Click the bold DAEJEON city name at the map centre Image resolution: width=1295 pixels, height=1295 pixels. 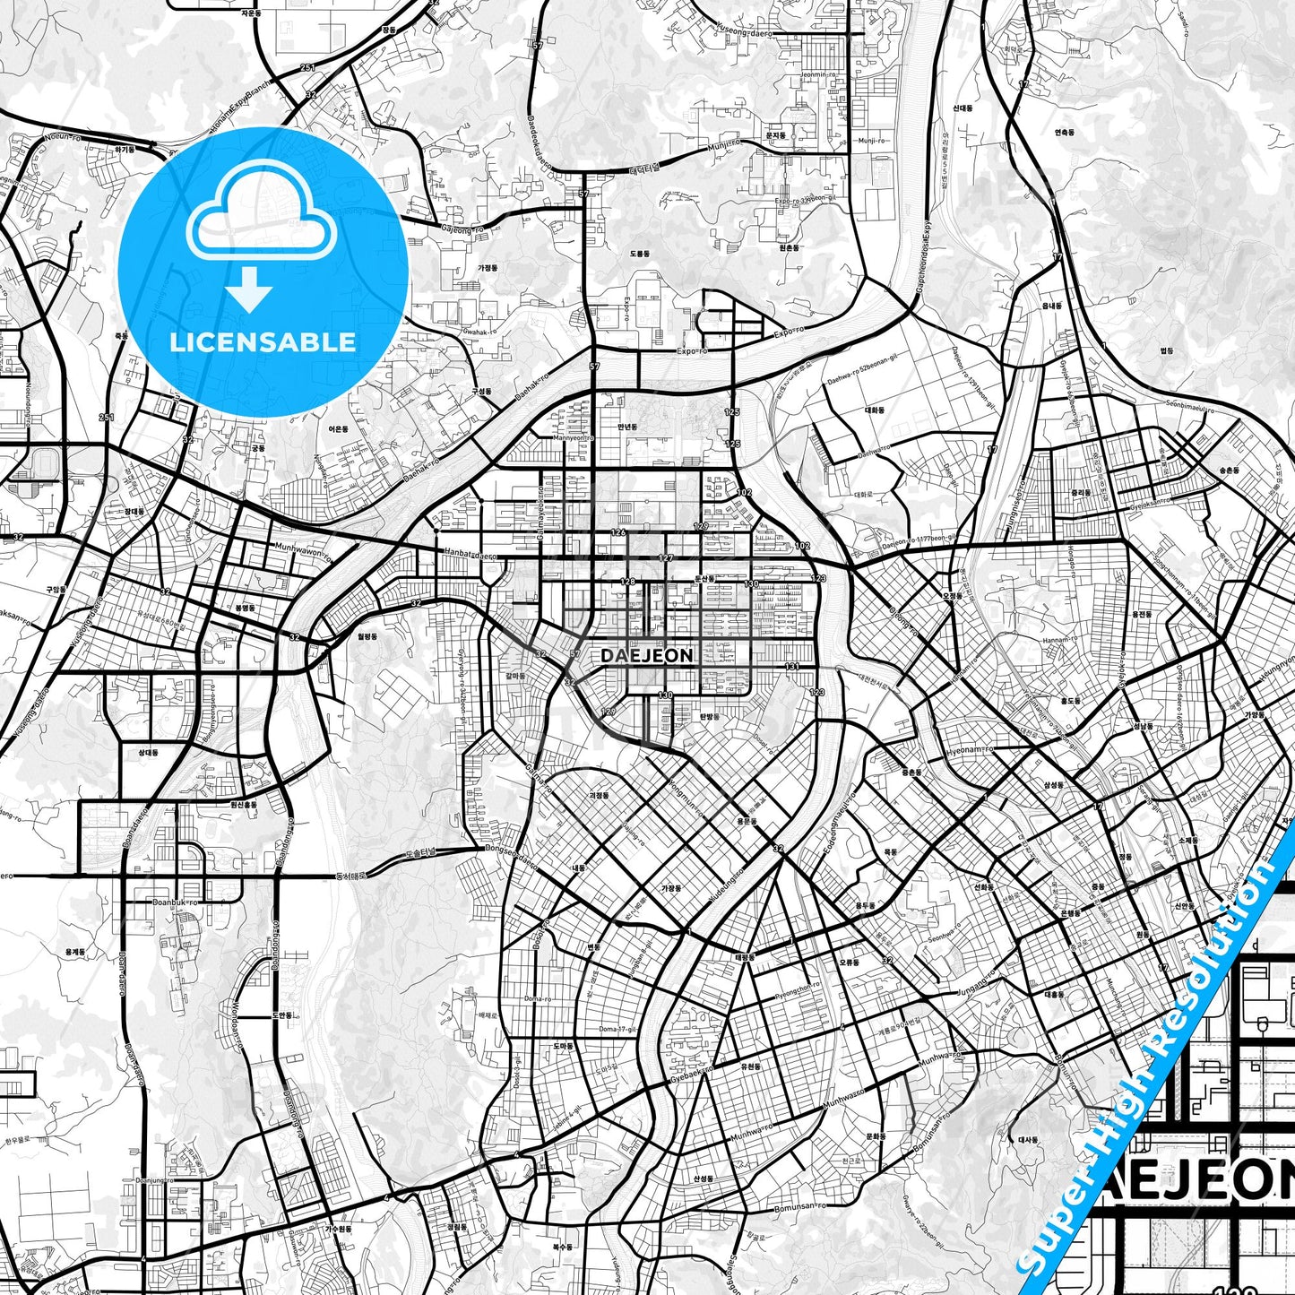coord(647,655)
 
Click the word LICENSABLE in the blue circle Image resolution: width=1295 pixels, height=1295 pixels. coord(263,342)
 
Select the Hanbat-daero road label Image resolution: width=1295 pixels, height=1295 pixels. coord(465,555)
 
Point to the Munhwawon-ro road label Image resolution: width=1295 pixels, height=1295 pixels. coord(302,551)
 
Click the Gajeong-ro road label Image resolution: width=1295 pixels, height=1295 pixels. coord(462,229)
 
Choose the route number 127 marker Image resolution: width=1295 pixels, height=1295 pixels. coord(666,558)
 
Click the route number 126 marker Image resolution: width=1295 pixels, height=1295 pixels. coord(617,533)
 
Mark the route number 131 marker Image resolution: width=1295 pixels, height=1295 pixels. coord(792,666)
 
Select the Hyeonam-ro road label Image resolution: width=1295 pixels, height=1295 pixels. coord(971,748)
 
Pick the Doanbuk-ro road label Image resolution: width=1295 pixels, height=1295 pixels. coord(175,902)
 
